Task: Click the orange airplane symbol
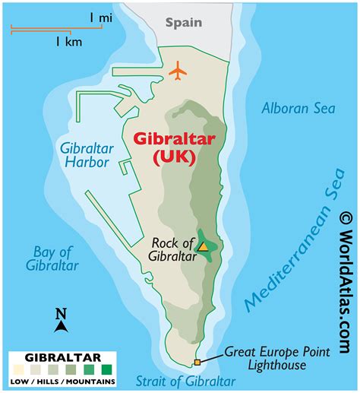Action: click(x=178, y=72)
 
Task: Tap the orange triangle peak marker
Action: click(x=204, y=246)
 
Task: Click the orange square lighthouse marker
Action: click(x=197, y=362)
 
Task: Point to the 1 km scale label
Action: click(x=68, y=43)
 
